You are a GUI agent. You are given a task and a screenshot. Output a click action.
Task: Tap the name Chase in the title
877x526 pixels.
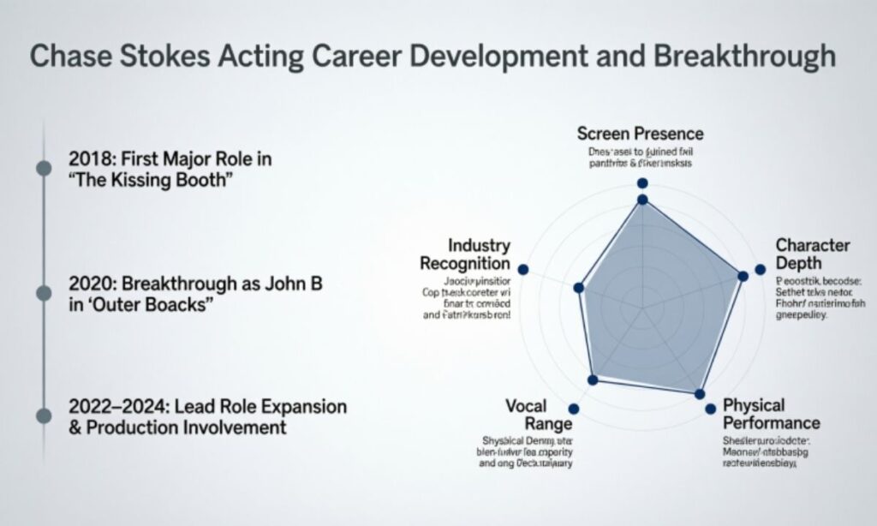67,57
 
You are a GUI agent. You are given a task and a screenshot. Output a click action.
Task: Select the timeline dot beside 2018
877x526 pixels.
44,167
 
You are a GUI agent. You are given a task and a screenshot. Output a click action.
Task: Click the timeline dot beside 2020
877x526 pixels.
44,293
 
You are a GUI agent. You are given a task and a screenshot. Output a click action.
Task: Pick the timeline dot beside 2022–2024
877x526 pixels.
44,415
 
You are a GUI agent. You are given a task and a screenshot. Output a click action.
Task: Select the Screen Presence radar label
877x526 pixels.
640,134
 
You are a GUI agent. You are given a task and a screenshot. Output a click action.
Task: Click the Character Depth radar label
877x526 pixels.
812,254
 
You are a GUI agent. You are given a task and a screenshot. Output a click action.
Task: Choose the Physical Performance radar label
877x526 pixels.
771,414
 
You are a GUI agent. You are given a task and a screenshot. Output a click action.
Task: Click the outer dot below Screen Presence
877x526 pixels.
642,183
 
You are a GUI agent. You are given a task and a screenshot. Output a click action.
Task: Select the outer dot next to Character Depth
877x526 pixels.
760,270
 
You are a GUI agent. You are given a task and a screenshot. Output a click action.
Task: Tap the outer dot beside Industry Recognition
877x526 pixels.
524,269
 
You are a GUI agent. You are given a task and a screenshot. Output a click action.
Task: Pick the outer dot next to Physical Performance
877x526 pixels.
710,409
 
